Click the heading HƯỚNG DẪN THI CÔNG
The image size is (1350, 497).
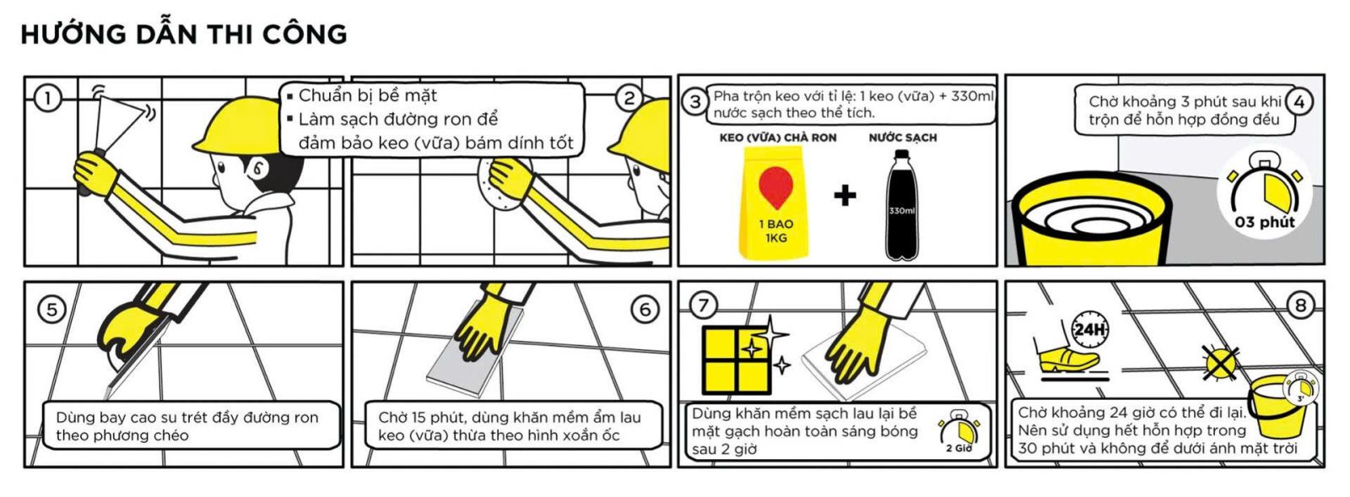(x=184, y=34)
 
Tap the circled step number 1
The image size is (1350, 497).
(x=48, y=98)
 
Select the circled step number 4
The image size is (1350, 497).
(x=1299, y=102)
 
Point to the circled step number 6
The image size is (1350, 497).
(x=645, y=310)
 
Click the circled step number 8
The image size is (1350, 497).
(x=1300, y=305)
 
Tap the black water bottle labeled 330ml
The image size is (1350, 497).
(x=902, y=205)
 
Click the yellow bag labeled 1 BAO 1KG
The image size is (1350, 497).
(x=774, y=203)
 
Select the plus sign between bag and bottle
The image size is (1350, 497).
(x=845, y=196)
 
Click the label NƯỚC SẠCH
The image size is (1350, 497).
(x=903, y=138)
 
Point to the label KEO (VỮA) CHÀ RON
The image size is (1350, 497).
(x=778, y=138)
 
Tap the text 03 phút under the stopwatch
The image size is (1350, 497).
(x=1264, y=222)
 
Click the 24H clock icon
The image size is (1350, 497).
(x=1089, y=328)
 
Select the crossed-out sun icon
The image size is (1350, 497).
(x=1220, y=364)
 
